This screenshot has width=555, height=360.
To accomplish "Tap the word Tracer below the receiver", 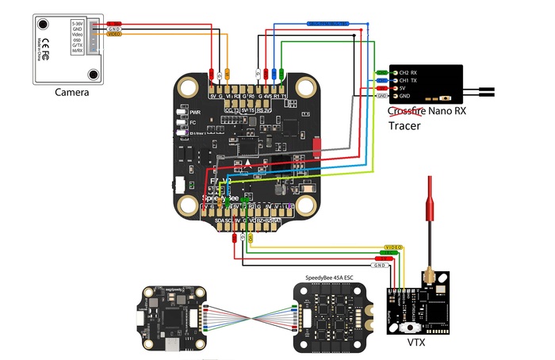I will (407, 125).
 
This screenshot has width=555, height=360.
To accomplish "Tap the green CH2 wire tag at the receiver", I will (381, 72).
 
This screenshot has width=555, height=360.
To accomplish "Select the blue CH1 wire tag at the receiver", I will (381, 80).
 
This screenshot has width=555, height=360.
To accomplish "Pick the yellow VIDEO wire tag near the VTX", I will (394, 247).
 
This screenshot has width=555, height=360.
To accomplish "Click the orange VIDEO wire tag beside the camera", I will (114, 35).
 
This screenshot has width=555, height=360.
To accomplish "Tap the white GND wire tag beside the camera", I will (114, 29).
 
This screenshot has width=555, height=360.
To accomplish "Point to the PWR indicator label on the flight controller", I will (194, 113).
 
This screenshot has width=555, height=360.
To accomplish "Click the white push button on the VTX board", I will (409, 327).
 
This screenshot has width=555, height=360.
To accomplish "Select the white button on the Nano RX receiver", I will (449, 98).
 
